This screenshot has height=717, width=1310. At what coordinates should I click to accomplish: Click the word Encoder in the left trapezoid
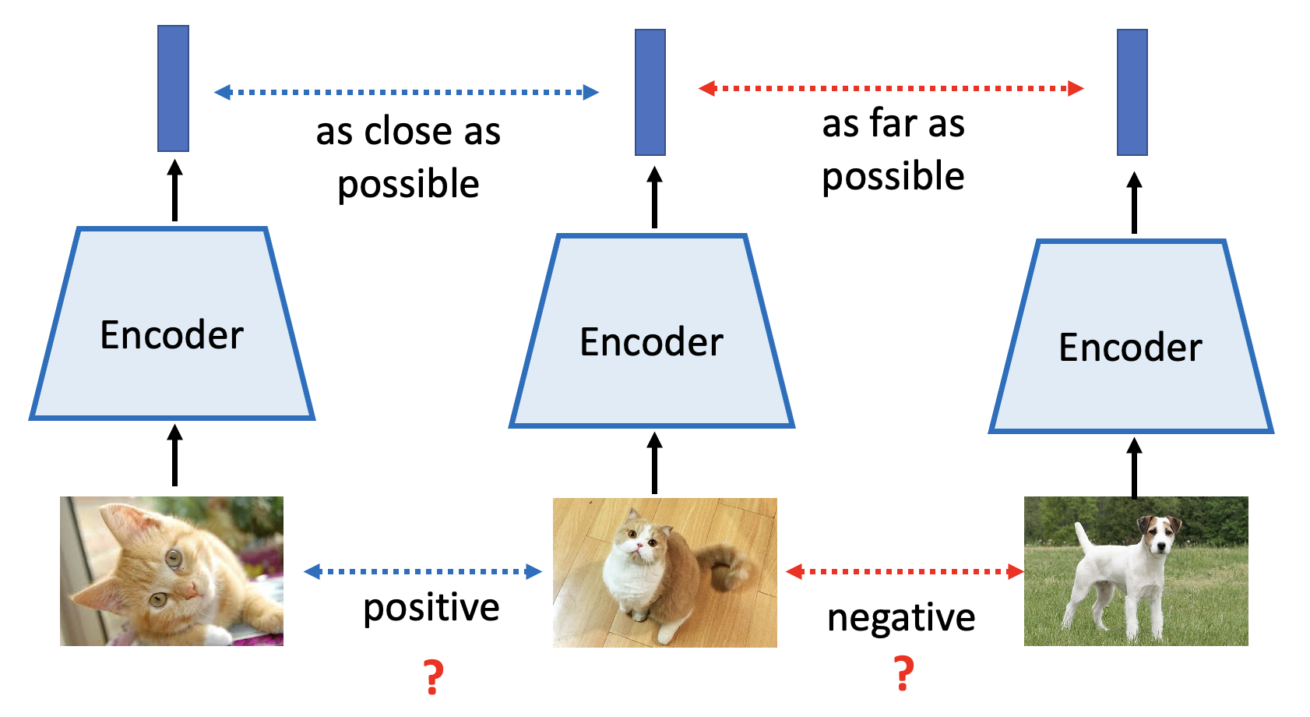(172, 335)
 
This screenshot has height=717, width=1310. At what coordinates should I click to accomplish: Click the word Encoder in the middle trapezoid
(651, 342)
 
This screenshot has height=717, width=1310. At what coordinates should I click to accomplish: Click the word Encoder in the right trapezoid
(1130, 348)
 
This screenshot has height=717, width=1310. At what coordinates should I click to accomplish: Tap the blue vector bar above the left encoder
(173, 88)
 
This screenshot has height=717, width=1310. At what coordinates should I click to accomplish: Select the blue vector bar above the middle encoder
(650, 93)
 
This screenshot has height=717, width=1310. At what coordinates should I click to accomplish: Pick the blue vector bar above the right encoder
(1132, 93)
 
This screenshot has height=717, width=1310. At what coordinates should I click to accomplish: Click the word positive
(431, 609)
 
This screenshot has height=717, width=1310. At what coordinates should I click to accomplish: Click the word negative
(901, 619)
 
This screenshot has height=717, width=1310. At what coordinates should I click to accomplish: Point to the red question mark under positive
(433, 676)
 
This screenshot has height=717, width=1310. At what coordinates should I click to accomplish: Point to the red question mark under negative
(904, 673)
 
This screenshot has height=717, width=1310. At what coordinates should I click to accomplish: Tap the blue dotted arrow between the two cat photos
(423, 572)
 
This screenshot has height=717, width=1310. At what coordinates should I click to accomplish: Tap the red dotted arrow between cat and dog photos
(905, 572)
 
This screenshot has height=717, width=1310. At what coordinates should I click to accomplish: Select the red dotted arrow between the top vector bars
(891, 88)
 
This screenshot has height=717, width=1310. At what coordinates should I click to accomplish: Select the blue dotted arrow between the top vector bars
(407, 93)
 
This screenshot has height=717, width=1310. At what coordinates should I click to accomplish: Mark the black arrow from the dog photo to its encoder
(1135, 468)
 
